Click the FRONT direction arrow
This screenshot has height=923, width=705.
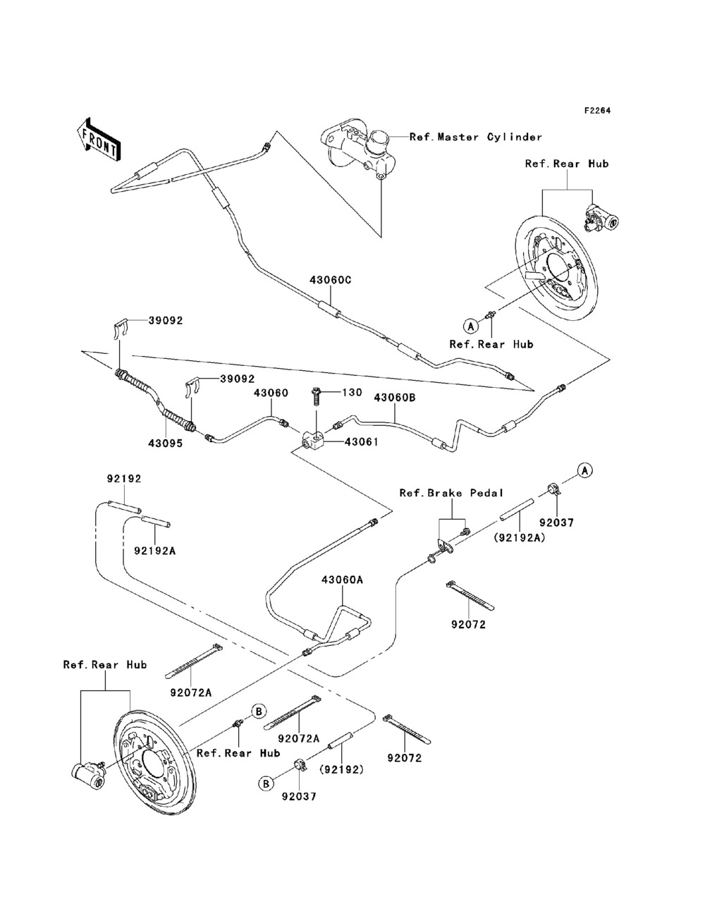(x=99, y=137)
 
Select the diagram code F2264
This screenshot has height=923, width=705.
(x=596, y=111)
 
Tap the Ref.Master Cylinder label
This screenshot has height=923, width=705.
(x=476, y=137)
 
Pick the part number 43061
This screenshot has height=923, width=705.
(x=361, y=442)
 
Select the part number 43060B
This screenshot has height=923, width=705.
(x=395, y=398)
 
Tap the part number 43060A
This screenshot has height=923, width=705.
(x=342, y=580)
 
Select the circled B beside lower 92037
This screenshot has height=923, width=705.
(x=266, y=782)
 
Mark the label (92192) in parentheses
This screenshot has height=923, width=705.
(x=342, y=769)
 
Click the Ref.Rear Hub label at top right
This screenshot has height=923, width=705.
(x=567, y=164)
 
